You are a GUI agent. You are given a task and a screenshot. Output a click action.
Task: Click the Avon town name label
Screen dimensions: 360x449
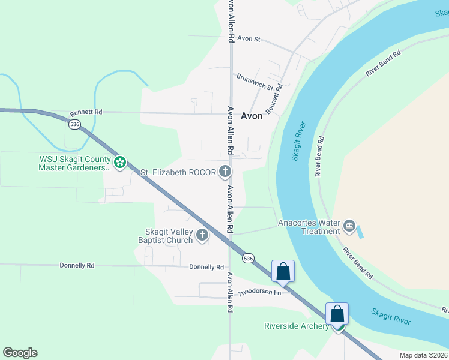252,116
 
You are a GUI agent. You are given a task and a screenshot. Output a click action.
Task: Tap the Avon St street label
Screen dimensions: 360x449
249,38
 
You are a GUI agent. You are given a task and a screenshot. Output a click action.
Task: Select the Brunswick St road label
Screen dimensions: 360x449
255,80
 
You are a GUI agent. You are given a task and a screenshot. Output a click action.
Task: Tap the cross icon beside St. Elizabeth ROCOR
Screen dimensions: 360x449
224,172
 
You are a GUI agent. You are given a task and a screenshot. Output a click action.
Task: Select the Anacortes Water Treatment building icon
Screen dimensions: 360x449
349,227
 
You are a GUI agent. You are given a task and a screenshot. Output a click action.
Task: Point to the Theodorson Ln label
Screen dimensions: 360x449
259,293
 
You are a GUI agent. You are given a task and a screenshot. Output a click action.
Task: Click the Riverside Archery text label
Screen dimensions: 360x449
297,326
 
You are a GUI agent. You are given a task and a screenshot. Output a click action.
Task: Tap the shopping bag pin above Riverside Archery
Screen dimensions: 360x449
337,313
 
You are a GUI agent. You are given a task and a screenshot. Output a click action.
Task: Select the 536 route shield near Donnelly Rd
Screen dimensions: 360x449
249,258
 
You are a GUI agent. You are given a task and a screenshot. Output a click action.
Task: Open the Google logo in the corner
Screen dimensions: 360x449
20,353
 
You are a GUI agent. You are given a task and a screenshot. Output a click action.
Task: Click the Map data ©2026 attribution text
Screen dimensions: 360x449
423,355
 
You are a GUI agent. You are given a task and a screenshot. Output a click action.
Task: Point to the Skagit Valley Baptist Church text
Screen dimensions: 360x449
169,236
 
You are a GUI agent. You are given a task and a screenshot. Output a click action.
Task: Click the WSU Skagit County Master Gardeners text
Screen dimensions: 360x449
74,163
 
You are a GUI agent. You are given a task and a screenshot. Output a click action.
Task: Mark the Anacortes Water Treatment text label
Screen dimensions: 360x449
309,227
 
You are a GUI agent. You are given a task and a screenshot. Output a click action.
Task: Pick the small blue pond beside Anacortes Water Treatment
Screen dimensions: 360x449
360,231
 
